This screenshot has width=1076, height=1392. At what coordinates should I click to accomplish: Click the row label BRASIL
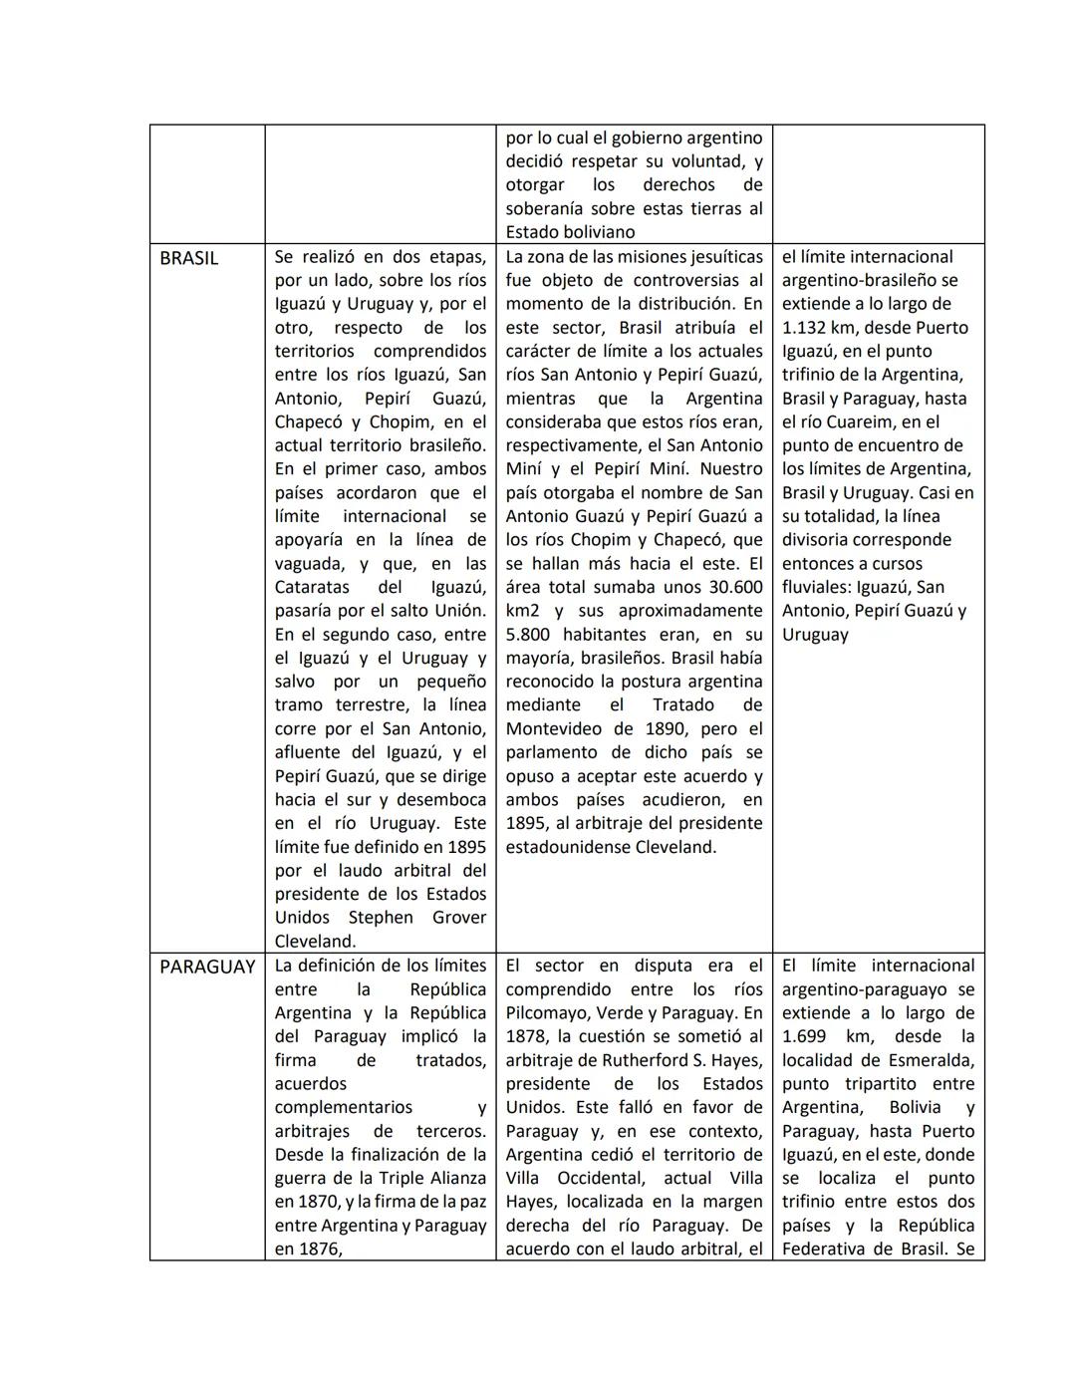[x=188, y=258]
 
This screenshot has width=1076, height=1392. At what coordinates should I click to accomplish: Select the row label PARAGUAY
[x=207, y=967]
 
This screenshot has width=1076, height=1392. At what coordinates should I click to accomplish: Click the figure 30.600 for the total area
[x=727, y=588]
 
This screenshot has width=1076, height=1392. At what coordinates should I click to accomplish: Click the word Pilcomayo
[x=544, y=1013]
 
